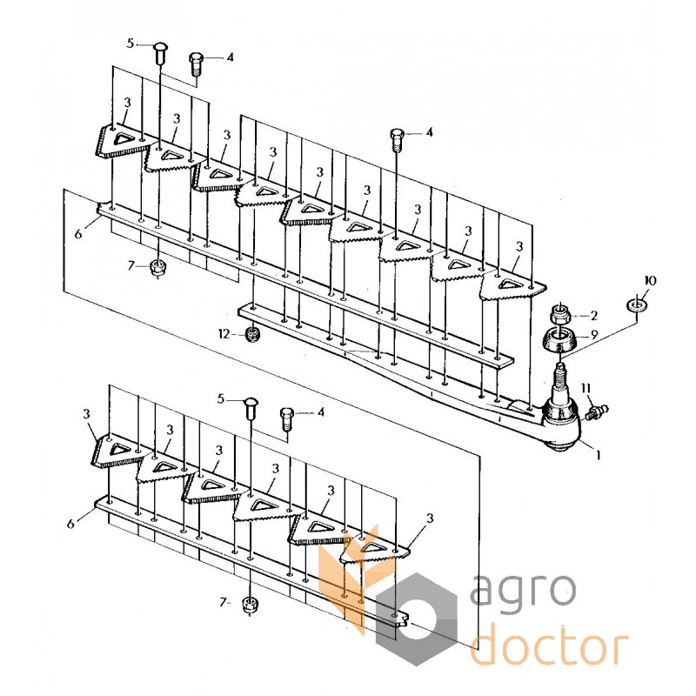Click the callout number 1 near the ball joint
pyautogui.click(x=598, y=454)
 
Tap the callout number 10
pyautogui.click(x=650, y=281)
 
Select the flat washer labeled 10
pyautogui.click(x=637, y=305)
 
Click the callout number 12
pyautogui.click(x=224, y=334)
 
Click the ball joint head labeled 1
pyautogui.click(x=561, y=425)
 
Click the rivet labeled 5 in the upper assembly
pyautogui.click(x=160, y=54)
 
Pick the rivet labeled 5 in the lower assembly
pyautogui.click(x=251, y=408)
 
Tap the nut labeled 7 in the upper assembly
pyautogui.click(x=156, y=268)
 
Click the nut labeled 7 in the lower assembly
pyautogui.click(x=248, y=605)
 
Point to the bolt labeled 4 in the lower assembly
pyautogui.click(x=287, y=418)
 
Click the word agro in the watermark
pyautogui.click(x=523, y=590)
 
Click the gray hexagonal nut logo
pyautogui.click(x=416, y=619)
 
